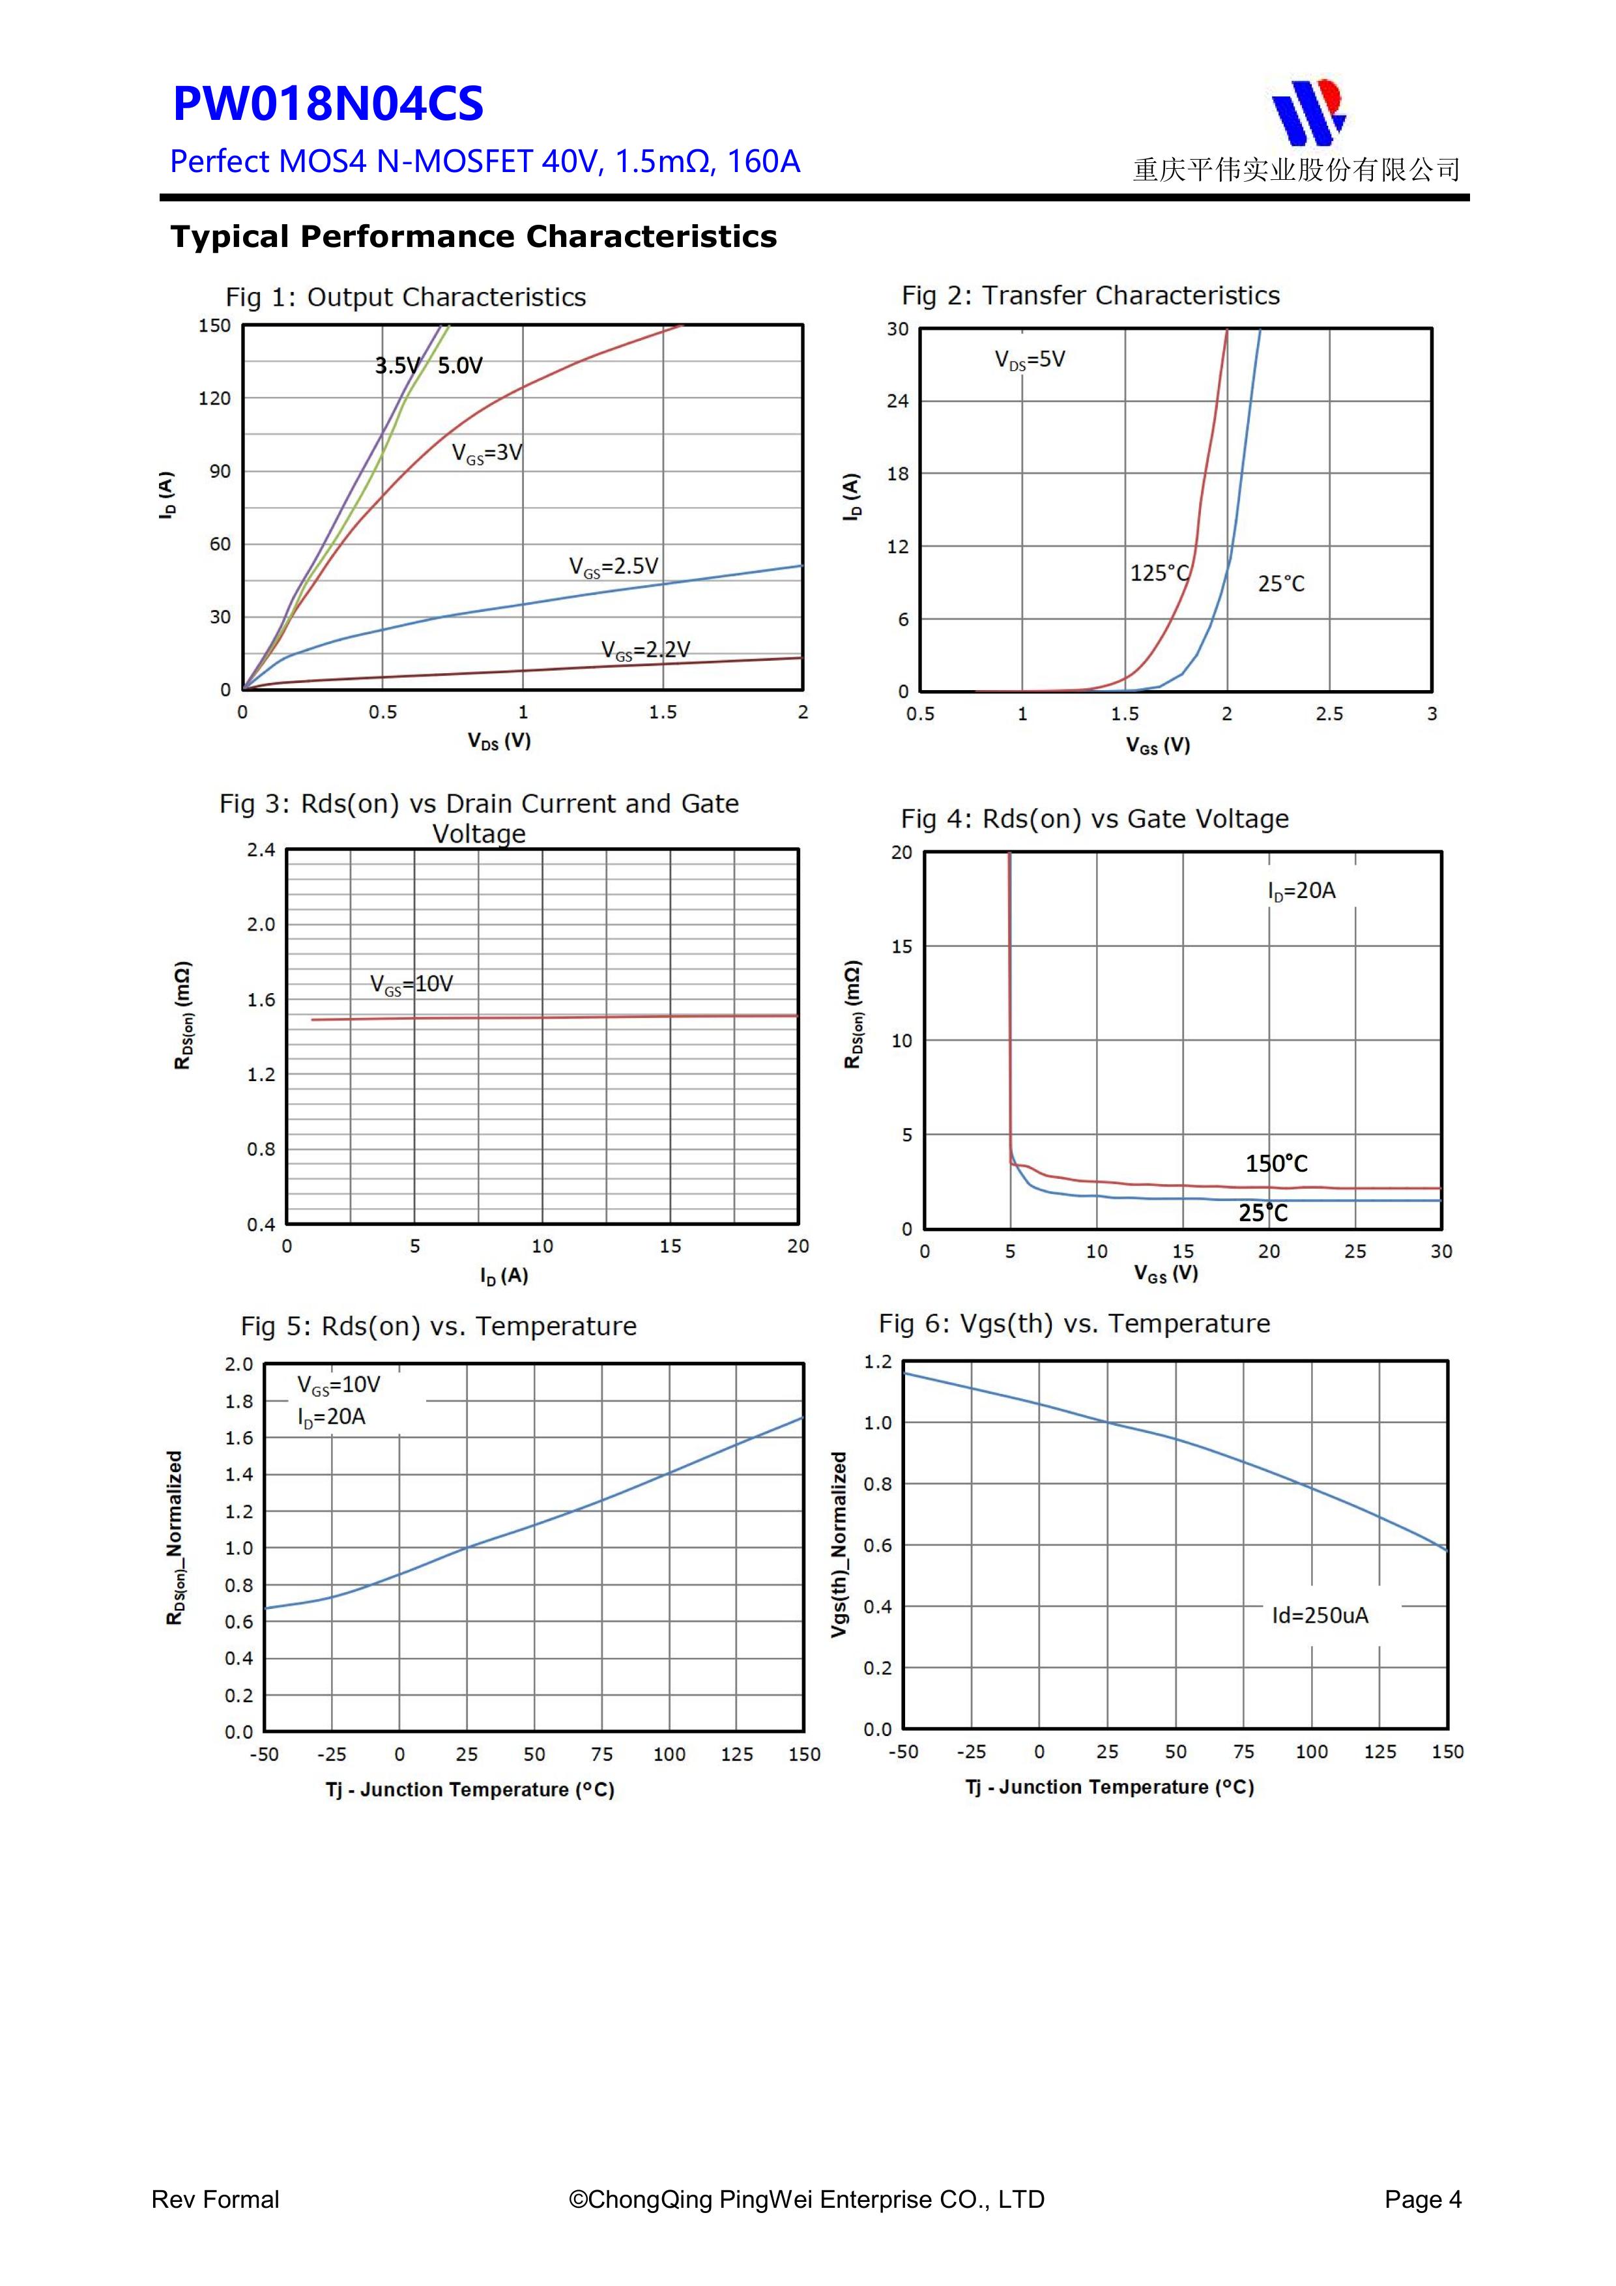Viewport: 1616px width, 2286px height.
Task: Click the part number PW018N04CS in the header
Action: [328, 104]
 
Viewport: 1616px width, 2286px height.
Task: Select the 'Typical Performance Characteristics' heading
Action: [473, 237]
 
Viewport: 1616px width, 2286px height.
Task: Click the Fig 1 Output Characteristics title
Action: [405, 298]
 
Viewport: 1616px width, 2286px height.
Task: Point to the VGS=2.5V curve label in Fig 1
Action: [613, 566]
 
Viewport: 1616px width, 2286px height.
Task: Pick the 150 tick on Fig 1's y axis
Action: [214, 326]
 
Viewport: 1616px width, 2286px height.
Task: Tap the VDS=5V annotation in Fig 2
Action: [1030, 360]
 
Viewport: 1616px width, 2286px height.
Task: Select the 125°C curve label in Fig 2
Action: [1159, 573]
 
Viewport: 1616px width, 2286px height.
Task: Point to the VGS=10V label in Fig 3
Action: [411, 985]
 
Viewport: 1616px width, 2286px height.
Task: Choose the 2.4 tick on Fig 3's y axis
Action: [261, 850]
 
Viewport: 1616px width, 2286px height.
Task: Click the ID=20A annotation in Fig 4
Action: [1301, 891]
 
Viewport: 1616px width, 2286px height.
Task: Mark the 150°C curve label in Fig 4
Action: [1277, 1164]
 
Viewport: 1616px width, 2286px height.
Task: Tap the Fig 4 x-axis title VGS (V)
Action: [1166, 1273]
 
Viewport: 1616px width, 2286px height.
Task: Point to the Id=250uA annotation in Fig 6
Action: [1320, 1615]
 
